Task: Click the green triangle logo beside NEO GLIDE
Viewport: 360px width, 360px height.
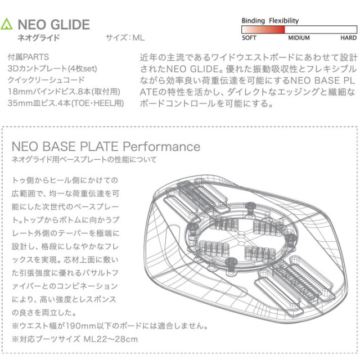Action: click(x=7, y=25)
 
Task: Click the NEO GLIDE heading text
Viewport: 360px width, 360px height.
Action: click(x=53, y=25)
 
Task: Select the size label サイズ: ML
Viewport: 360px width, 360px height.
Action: click(x=125, y=39)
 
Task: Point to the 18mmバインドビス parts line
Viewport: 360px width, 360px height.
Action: click(x=62, y=92)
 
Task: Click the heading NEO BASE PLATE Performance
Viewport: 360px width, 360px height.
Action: click(x=106, y=147)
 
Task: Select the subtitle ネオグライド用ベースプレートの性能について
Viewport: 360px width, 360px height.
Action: click(x=84, y=160)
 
